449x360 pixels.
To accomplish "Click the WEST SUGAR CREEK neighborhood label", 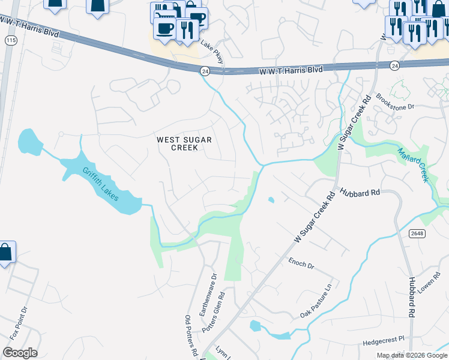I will pyautogui.click(x=185, y=143).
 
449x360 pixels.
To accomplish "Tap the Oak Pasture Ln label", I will pyautogui.click(x=316, y=302).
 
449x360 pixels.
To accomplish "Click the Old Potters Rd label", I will pyautogui.click(x=191, y=336).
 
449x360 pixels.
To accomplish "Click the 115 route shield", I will pyautogui.click(x=10, y=40).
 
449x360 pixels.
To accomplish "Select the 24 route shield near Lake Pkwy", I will pyautogui.click(x=205, y=70).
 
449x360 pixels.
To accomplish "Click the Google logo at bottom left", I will pyautogui.click(x=20, y=353).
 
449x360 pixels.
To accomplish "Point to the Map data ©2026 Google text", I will pyautogui.click(x=412, y=356).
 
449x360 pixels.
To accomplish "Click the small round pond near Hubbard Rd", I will pyautogui.click(x=271, y=200).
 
